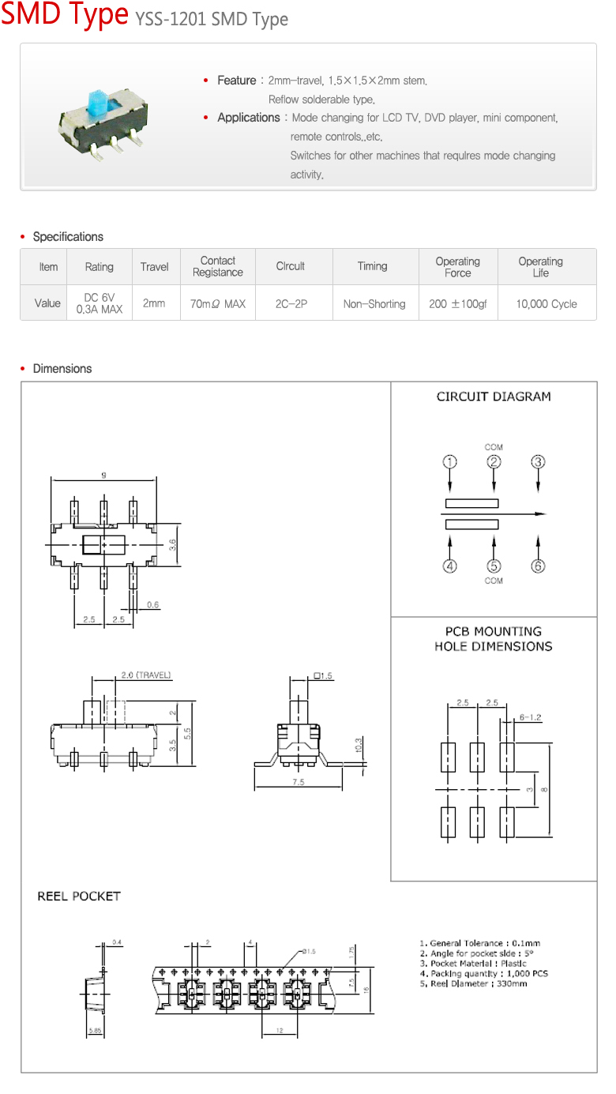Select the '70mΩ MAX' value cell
pos(218,304)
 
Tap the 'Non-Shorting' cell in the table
pos(374,304)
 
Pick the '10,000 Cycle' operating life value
pos(547,304)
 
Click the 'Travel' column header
pos(155,267)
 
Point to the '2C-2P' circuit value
pos(291,304)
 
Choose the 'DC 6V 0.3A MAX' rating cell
pos(100,304)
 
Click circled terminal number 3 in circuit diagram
pos(538,462)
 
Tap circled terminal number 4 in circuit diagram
pos(449,566)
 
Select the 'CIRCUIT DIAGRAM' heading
pos(494,397)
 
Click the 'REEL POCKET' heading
pos(79,897)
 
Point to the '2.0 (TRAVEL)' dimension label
pos(146,675)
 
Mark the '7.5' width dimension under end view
pos(298,782)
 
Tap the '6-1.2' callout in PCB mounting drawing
pos(530,717)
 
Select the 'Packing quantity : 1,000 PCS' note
pos(483,974)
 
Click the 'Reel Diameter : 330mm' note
pos(473,984)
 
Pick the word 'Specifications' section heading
pos(68,237)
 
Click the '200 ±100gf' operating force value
pos(458,304)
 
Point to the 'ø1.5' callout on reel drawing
pos(307,952)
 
